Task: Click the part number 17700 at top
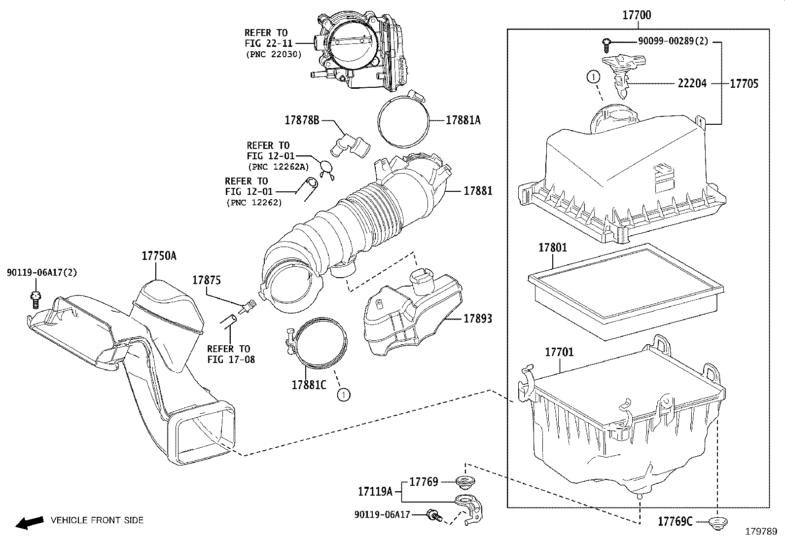(x=636, y=15)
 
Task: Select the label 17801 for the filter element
(x=552, y=248)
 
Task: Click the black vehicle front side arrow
(x=28, y=522)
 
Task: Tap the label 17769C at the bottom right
(x=675, y=521)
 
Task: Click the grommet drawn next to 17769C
(x=717, y=522)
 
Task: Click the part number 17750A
(x=159, y=256)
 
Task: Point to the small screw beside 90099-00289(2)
(x=607, y=45)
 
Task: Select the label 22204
(x=692, y=84)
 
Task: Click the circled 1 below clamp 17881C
(x=343, y=394)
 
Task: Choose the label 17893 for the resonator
(x=477, y=319)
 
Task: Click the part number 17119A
(x=375, y=491)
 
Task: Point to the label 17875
(x=206, y=280)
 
